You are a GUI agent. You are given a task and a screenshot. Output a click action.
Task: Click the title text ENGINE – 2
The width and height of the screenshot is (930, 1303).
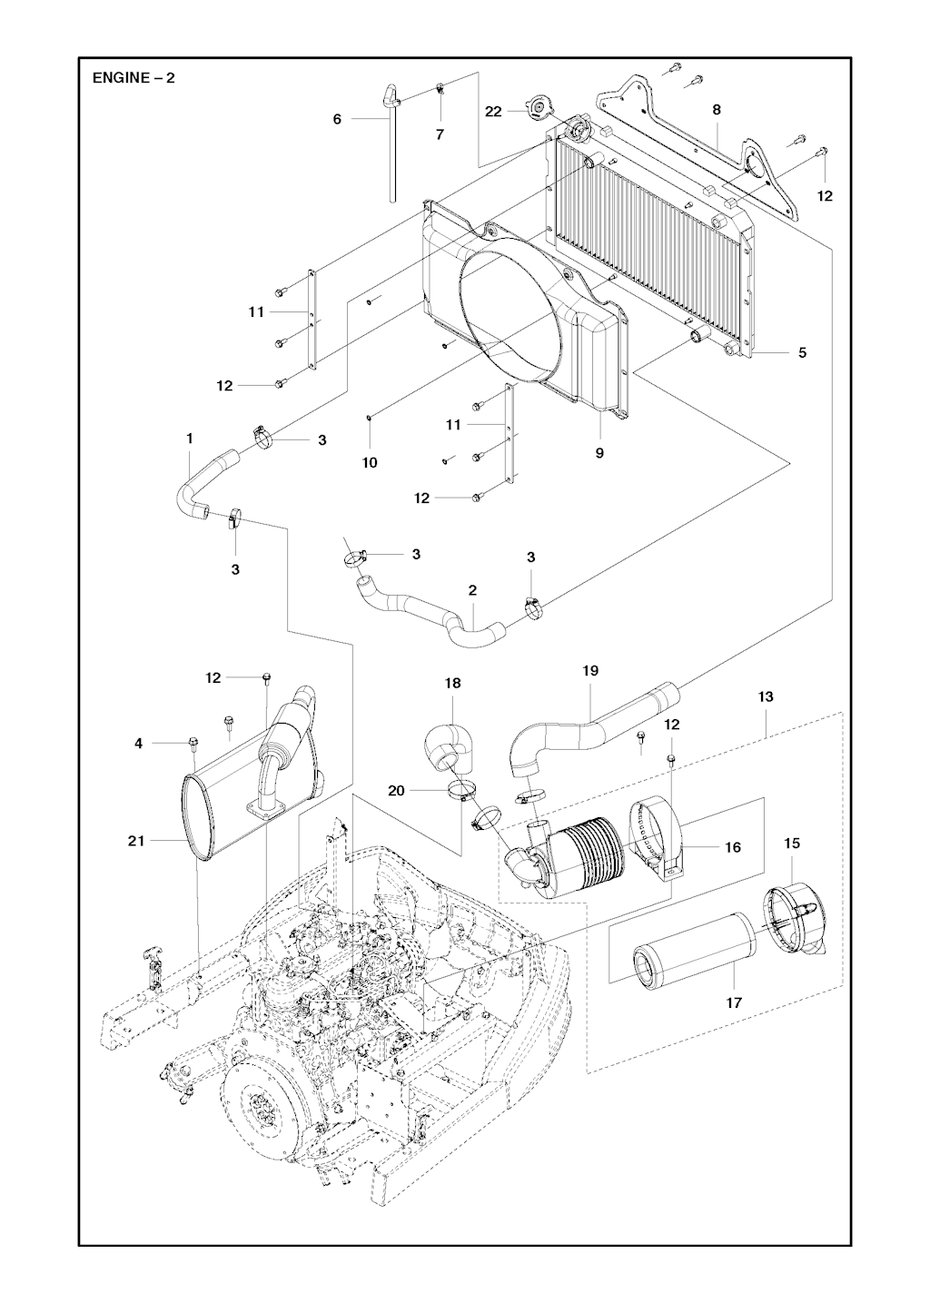pos(134,78)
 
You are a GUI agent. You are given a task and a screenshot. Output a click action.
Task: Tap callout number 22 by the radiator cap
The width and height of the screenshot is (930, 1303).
pos(493,111)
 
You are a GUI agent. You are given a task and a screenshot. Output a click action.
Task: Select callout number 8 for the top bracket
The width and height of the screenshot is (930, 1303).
pos(717,110)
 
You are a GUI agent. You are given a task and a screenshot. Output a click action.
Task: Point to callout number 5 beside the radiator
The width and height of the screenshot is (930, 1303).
pos(802,352)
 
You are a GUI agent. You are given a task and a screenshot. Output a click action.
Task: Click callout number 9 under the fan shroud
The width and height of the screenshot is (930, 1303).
pos(599,452)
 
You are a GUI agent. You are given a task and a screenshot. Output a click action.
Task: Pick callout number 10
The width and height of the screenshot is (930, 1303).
pos(370,462)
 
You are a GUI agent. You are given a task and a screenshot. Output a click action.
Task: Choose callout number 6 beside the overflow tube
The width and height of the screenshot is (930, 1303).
pos(337,119)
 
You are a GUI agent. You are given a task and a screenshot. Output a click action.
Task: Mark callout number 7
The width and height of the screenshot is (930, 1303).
pos(440,134)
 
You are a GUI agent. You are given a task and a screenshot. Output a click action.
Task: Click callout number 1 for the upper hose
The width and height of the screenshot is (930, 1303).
pos(190,439)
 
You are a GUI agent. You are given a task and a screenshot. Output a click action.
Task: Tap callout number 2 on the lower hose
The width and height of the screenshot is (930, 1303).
pos(472,590)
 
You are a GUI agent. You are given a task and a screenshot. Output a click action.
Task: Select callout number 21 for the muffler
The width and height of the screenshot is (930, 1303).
pos(136,842)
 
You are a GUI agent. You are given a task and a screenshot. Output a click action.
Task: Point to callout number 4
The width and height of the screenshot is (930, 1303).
pos(139,744)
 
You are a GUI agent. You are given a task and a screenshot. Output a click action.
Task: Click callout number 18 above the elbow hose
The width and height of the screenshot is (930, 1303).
pos(452,683)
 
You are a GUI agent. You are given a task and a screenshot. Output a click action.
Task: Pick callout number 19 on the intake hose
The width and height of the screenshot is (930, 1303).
pos(590,671)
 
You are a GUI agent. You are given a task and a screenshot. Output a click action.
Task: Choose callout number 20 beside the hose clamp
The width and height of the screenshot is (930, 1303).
pos(396,790)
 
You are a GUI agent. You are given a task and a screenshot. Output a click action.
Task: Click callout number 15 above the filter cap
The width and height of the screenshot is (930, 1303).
pos(792,844)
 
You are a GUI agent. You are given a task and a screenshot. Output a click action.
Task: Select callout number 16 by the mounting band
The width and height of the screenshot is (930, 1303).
pos(733,847)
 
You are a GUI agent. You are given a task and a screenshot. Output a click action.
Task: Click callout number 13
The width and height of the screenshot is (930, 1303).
pos(766,696)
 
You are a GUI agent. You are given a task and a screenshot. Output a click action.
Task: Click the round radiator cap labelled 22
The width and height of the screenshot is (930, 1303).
pos(538,110)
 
